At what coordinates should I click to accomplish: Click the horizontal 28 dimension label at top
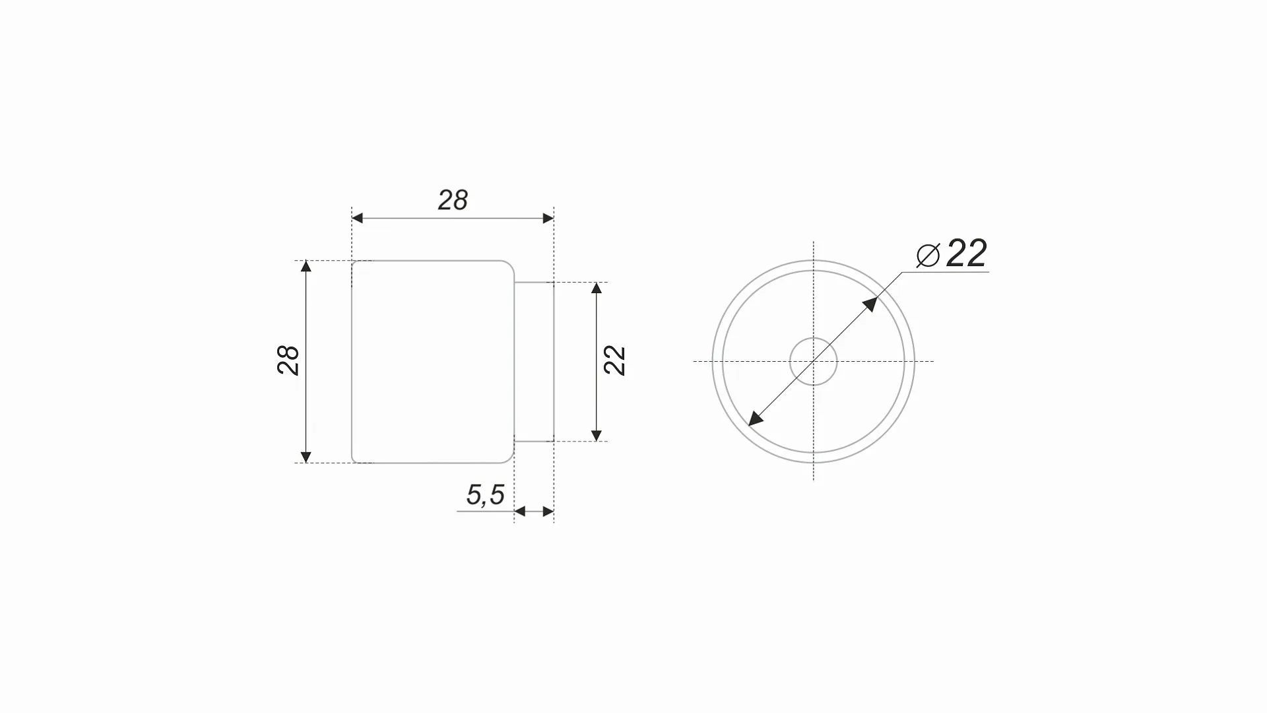point(453,200)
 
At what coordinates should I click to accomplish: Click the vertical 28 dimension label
point(288,360)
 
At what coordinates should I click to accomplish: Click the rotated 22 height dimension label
point(614,360)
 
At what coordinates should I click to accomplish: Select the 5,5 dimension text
point(485,495)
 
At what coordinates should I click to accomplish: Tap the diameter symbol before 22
point(928,255)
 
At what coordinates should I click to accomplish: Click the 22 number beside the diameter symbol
point(967,253)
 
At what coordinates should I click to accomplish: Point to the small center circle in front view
point(814,361)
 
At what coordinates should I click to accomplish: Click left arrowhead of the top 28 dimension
point(357,218)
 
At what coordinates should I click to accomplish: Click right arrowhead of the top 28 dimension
point(548,218)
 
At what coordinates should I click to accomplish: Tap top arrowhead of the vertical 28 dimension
point(306,266)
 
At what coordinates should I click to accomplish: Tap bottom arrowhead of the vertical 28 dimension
point(306,457)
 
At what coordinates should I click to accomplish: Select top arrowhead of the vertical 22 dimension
point(597,288)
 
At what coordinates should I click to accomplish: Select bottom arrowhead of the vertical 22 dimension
point(597,436)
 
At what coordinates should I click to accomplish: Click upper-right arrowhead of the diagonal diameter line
point(870,304)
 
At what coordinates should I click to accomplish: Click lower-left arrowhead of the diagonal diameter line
point(756,419)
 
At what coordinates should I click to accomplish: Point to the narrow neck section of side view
point(534,361)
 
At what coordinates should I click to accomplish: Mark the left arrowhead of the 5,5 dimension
point(519,511)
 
